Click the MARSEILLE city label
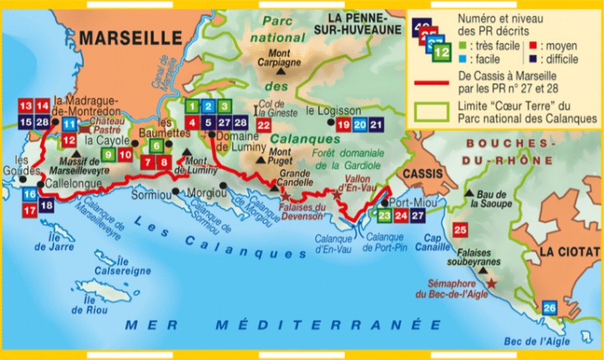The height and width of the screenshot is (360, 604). click(x=130, y=37)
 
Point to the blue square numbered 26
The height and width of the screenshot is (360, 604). click(x=549, y=308)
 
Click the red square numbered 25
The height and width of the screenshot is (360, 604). click(x=460, y=230)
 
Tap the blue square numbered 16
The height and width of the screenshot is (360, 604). click(x=29, y=194)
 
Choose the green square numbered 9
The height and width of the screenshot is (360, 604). click(x=108, y=155)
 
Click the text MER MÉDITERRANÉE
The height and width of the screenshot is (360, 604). click(x=284, y=325)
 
